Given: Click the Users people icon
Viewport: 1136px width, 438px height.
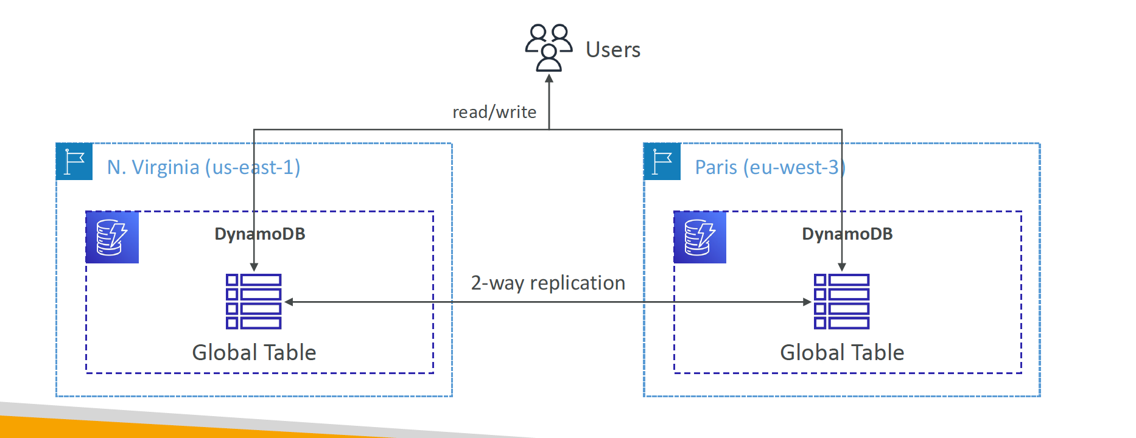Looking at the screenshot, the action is (x=549, y=47).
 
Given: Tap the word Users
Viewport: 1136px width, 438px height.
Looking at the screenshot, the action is (x=613, y=49).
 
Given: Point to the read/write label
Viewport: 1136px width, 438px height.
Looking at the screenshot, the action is (x=494, y=112).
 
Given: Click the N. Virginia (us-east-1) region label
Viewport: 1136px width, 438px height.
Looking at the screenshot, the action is (x=204, y=167).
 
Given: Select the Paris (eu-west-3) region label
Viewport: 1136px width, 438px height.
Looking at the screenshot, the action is (x=770, y=167).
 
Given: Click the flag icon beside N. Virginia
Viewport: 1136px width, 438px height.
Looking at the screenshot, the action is (x=74, y=162).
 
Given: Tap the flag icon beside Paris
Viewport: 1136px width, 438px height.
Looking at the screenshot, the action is (x=662, y=162).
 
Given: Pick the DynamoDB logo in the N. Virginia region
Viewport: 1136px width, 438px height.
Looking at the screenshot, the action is (x=113, y=237).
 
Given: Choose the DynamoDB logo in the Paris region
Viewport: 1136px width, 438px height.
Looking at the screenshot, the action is (x=700, y=237).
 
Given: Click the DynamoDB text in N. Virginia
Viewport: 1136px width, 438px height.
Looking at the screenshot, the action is (x=260, y=234).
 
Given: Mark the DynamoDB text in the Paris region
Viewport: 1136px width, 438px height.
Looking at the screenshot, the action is (x=847, y=234).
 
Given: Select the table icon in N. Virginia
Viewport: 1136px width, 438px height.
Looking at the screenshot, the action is (x=254, y=302).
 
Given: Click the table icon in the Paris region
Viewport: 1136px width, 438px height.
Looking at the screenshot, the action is (x=842, y=302).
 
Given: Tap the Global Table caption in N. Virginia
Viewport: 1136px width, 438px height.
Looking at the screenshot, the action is (x=254, y=352).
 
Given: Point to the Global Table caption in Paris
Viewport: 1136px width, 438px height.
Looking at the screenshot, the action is (x=842, y=352).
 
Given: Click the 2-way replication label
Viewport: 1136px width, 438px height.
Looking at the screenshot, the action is (x=548, y=283).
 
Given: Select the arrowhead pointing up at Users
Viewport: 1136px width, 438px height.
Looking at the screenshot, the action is (x=549, y=78).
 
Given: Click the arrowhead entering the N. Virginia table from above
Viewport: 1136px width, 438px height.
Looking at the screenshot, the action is (x=254, y=267).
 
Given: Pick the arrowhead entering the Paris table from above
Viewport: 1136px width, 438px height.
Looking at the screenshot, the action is (x=842, y=267).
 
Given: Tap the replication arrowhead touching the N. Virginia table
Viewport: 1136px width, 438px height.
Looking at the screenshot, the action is (x=289, y=302).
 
